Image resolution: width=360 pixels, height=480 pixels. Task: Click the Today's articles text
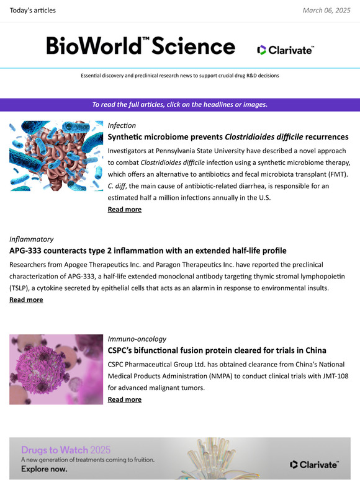[x=33, y=11]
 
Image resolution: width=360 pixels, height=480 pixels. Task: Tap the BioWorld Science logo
[x=140, y=46]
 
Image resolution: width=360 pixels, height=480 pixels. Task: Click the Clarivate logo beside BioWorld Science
[x=286, y=50]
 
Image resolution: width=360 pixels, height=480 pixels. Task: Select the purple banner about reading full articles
[x=180, y=104]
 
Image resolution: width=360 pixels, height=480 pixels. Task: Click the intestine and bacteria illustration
[x=56, y=156]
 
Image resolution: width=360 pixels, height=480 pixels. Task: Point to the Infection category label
[x=122, y=125]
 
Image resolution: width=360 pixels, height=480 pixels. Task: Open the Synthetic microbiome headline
[x=228, y=136]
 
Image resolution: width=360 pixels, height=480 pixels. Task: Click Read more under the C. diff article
[x=124, y=210]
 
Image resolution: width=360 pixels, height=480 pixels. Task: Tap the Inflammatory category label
[x=31, y=239]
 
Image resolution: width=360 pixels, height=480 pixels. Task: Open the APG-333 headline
[x=148, y=251]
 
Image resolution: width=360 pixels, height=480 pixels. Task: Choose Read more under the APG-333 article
[x=26, y=300]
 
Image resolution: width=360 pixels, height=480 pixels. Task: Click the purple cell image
[x=56, y=370]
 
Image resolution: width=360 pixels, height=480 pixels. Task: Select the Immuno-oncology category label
[x=137, y=339]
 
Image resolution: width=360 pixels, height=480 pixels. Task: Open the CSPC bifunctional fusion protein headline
[x=217, y=350]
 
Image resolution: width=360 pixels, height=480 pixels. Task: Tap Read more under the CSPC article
[x=124, y=399]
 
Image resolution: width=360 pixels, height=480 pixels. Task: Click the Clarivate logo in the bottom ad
[x=314, y=464]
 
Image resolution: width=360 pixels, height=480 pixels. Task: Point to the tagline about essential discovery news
[x=180, y=76]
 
